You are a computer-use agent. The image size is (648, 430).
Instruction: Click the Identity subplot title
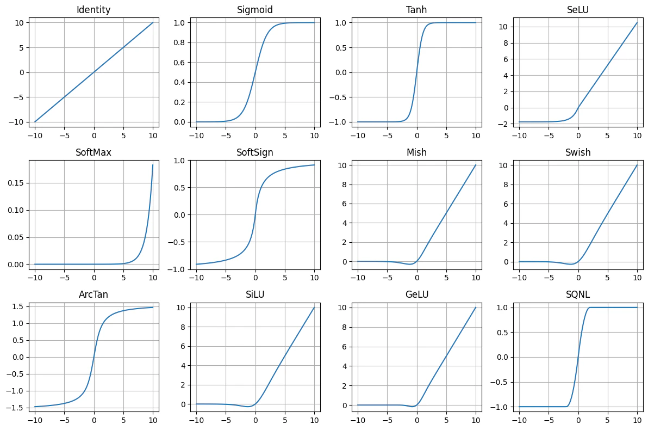click(x=94, y=10)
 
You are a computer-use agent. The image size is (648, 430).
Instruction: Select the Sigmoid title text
click(x=255, y=10)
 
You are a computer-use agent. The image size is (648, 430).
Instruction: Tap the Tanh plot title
click(x=416, y=10)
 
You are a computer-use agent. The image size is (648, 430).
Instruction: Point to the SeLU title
click(x=578, y=10)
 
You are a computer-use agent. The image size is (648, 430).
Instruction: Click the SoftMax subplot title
click(x=94, y=152)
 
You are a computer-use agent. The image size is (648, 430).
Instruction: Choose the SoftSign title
click(x=255, y=152)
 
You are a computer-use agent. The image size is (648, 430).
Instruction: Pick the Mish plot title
click(x=416, y=152)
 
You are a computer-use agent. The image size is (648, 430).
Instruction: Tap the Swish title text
click(x=578, y=152)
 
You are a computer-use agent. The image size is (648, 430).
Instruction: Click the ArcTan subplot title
click(x=94, y=295)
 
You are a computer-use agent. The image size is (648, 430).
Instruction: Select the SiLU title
click(x=255, y=295)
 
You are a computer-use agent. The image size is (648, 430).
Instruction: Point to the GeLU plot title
click(x=416, y=295)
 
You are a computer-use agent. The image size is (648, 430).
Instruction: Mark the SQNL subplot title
click(x=578, y=295)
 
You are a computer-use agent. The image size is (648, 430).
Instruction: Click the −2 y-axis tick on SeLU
click(x=504, y=124)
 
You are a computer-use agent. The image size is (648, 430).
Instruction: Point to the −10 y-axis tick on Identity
click(x=15, y=122)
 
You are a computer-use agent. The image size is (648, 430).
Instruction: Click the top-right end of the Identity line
click(x=153, y=22)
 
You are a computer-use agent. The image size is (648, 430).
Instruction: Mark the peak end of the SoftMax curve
click(x=153, y=165)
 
